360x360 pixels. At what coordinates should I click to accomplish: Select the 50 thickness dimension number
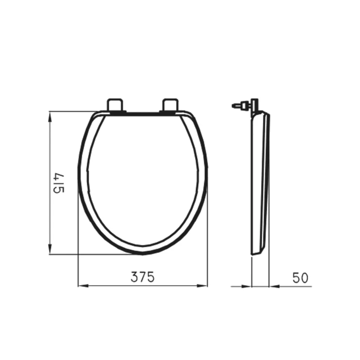pos(300,278)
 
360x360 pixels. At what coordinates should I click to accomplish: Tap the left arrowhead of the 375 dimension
pos(83,286)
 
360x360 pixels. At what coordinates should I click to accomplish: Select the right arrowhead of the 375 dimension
pos(202,286)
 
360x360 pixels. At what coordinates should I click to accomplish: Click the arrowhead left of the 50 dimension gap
pos(247,286)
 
